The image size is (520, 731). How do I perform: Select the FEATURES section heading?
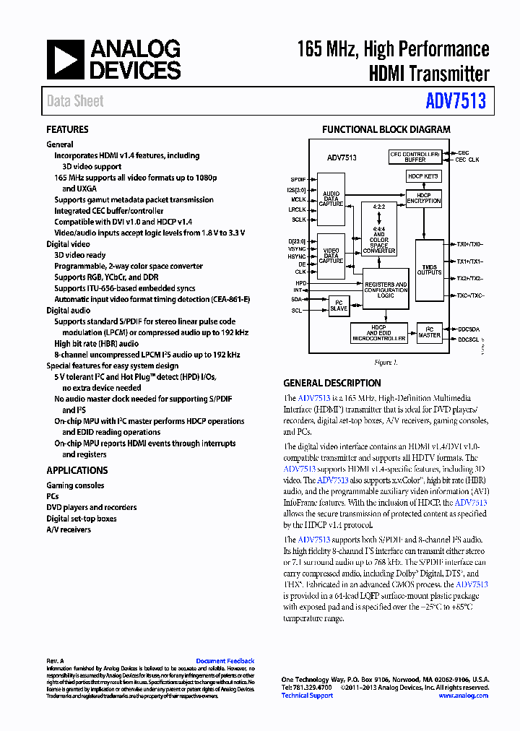tap(67, 130)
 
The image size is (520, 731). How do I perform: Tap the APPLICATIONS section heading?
tap(77, 470)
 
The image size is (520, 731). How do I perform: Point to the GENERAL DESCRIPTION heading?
tap(331, 384)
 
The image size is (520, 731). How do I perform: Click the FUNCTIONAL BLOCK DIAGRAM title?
tap(386, 130)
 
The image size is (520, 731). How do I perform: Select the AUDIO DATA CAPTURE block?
tap(331, 199)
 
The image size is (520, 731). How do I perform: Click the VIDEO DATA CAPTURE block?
tap(331, 256)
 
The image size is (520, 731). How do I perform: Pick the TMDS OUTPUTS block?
tap(430, 269)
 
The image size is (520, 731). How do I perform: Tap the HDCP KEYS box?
tap(423, 176)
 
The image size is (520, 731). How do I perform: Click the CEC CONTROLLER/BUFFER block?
tap(415, 157)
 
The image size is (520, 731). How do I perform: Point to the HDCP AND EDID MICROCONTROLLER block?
tap(378, 333)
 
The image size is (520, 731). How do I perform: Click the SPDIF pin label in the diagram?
tap(298, 178)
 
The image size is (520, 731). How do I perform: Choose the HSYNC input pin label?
tap(297, 256)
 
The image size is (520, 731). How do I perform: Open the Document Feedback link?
tap(225, 661)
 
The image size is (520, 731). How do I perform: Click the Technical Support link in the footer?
tap(307, 696)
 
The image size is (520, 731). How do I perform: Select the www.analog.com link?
tap(463, 696)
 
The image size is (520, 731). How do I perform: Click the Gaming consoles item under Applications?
tap(75, 485)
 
